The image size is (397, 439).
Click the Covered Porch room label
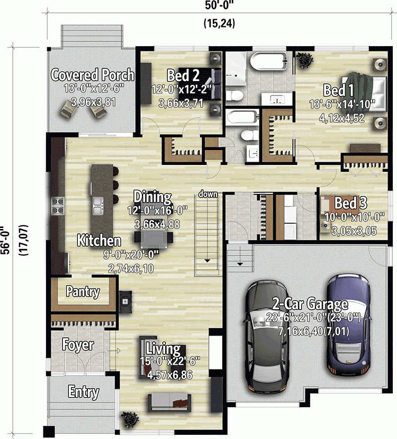92,75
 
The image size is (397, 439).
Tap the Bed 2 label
183,74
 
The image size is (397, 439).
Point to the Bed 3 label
351,203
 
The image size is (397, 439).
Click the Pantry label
83,291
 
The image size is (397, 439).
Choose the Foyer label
78,345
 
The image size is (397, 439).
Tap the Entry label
84,392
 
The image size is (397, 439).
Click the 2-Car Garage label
310,304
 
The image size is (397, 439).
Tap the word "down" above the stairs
209,194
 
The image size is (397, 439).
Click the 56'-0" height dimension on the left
7,241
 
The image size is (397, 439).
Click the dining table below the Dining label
157,238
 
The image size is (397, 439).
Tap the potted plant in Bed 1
305,59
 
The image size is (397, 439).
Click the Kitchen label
99,241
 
